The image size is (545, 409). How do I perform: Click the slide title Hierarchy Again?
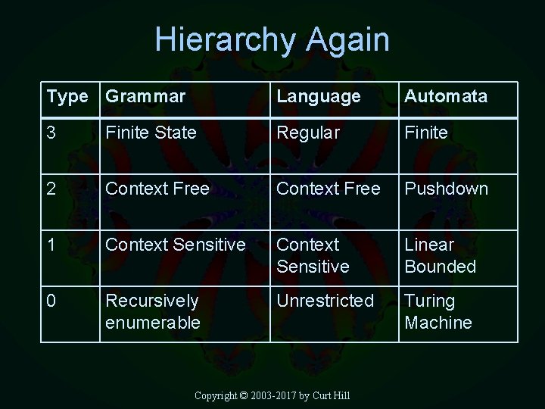[x=272, y=39]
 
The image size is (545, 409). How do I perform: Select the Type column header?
[x=67, y=97]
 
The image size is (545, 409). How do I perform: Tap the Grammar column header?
[x=145, y=97]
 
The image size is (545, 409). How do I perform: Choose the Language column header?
[x=319, y=97]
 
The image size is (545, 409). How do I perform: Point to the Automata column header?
[x=446, y=97]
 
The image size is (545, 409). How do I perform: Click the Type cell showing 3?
[x=51, y=133]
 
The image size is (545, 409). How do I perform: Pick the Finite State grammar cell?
[x=151, y=133]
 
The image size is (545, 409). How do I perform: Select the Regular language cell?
[x=308, y=133]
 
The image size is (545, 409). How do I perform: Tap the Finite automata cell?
[x=426, y=133]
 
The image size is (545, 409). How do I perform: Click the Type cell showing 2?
[x=51, y=189]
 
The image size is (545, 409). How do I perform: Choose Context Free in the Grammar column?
[x=157, y=189]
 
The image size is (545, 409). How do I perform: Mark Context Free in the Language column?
[x=329, y=189]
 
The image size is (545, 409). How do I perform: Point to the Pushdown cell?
[x=447, y=189]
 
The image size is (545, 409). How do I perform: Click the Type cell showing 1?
[x=51, y=245]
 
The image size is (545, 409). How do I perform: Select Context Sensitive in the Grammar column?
[x=176, y=245]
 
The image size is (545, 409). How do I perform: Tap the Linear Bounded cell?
[x=441, y=256]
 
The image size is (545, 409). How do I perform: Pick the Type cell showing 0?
[x=51, y=301]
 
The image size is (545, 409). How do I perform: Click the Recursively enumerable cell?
[x=153, y=311]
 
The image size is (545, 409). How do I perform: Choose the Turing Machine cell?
[x=438, y=311]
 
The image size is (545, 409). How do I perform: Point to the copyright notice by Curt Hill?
[x=272, y=396]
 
